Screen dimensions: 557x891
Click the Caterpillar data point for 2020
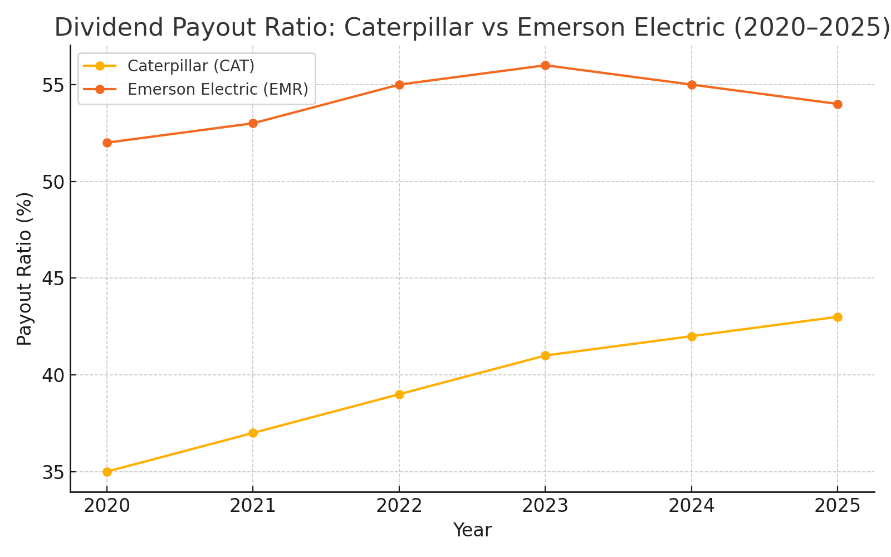107,472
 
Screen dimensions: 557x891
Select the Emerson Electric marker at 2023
545,65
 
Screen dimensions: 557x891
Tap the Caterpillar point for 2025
838,317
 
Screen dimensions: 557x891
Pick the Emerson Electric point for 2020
107,143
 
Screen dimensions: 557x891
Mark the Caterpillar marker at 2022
399,394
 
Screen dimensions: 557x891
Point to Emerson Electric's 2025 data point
838,104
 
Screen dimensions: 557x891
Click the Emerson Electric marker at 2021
253,123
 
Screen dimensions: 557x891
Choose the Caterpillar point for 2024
692,336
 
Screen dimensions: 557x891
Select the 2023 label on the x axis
545,506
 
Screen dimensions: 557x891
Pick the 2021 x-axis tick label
253,506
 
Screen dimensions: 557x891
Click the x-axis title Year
472,530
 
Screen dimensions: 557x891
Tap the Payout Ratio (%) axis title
25,268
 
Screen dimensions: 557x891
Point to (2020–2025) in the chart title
811,28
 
